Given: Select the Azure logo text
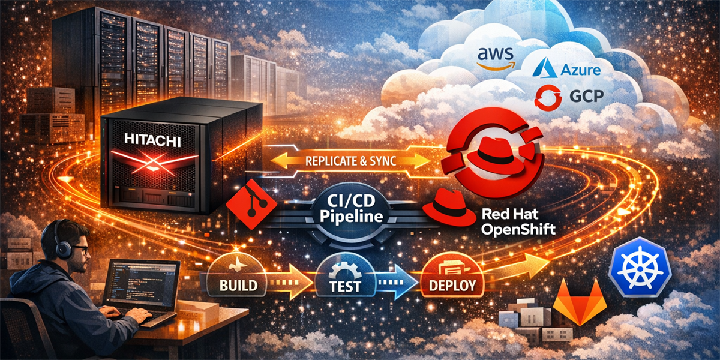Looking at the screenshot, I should [x=567, y=71].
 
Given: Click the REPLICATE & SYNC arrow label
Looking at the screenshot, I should [x=350, y=161].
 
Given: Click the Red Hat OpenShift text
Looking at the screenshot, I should [x=517, y=221].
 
